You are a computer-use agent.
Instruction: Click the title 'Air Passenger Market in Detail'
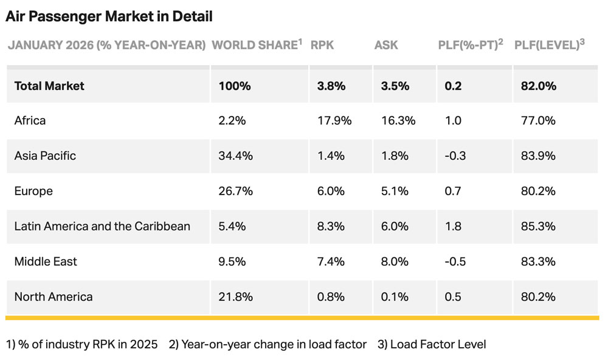(109, 17)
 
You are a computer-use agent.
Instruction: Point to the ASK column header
(386, 45)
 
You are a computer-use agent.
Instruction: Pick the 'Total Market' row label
(49, 86)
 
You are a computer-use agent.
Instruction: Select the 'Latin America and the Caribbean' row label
(102, 226)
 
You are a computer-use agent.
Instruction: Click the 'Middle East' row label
(46, 261)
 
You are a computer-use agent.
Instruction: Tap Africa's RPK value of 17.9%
(334, 120)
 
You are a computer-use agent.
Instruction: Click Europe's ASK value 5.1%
(395, 191)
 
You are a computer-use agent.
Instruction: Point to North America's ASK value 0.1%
(394, 297)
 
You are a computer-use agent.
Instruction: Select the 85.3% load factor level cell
(538, 226)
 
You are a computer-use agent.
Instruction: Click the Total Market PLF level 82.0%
(538, 86)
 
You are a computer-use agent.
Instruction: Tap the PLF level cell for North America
(538, 297)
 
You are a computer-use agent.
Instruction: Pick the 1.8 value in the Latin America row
(453, 226)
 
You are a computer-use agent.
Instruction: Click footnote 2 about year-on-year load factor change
(268, 344)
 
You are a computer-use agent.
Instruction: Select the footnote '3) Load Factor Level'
(432, 344)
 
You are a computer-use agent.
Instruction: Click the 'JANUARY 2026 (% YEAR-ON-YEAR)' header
(106, 45)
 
